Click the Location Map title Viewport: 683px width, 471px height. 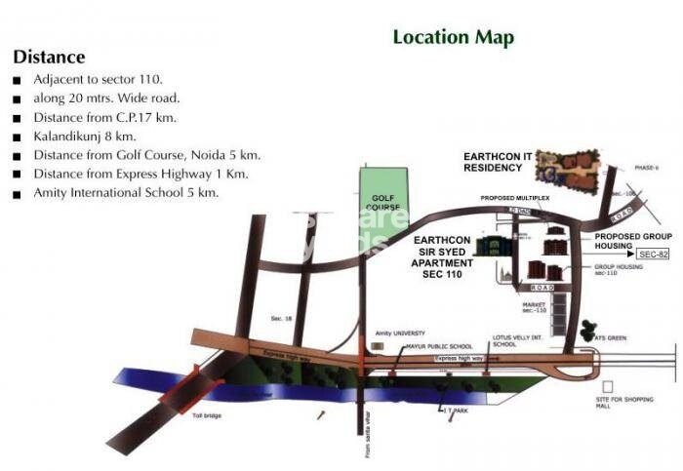coord(453,38)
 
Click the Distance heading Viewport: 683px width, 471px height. coord(49,58)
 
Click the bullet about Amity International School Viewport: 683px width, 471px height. coord(126,193)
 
